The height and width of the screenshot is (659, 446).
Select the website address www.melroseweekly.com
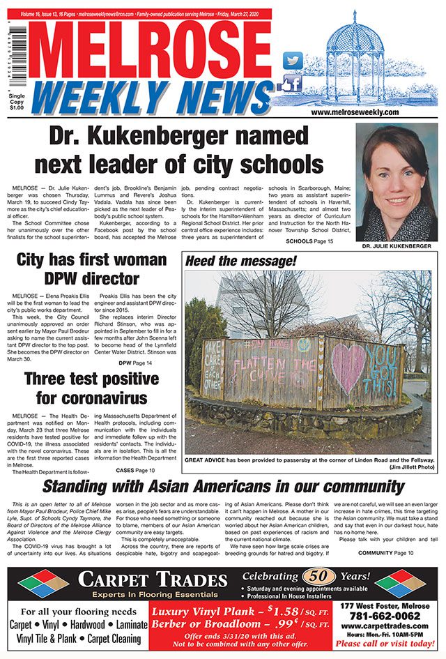pyautogui.click(x=355, y=112)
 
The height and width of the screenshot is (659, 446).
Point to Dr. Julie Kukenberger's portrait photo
pyautogui.click(x=393, y=181)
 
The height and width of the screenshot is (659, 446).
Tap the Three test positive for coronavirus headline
pyautogui.click(x=90, y=389)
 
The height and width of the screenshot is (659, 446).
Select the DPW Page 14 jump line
pyautogui.click(x=134, y=363)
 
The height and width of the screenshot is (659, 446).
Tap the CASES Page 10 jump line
pyautogui.click(x=131, y=471)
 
